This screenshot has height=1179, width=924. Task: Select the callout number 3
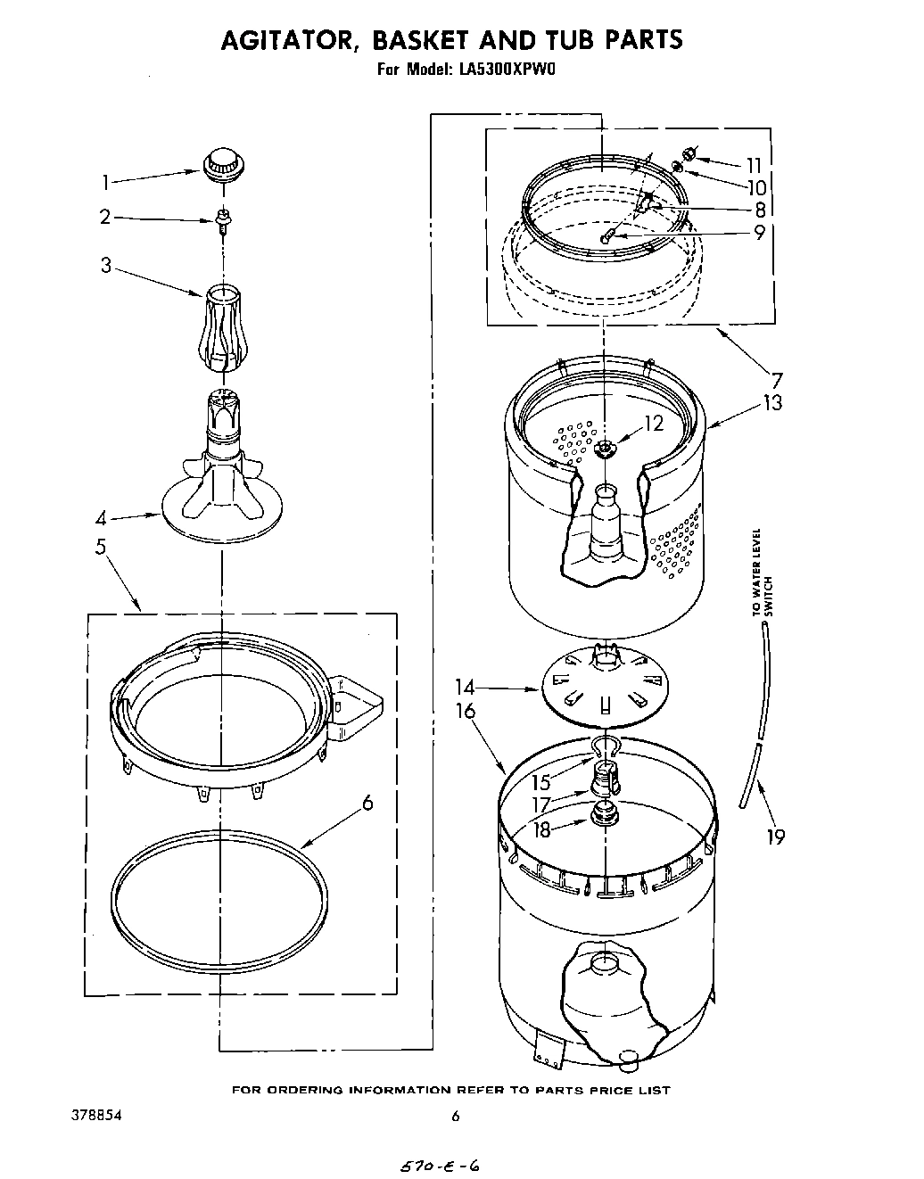pyautogui.click(x=106, y=265)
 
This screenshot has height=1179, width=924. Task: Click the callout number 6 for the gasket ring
pyautogui.click(x=367, y=803)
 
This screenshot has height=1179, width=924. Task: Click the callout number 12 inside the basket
pyautogui.click(x=654, y=424)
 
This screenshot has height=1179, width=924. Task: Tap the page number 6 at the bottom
pyautogui.click(x=456, y=1116)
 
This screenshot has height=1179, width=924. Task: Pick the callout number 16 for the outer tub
pyautogui.click(x=466, y=711)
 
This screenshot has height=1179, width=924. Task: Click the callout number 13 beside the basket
pyautogui.click(x=772, y=402)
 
